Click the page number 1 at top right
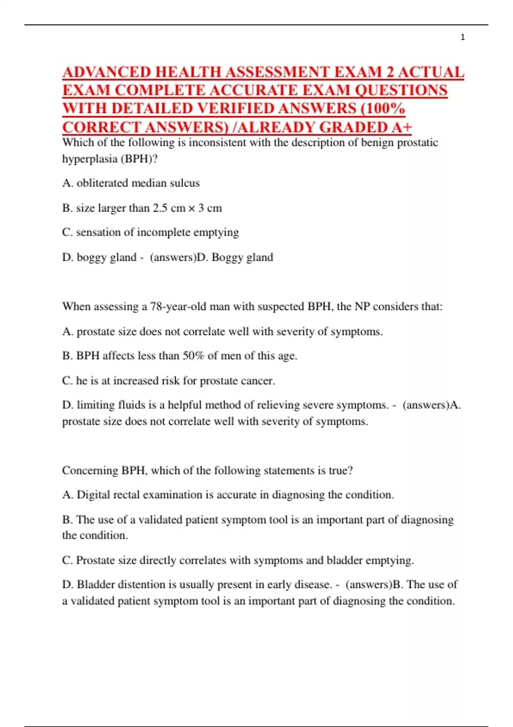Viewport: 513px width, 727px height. [463, 38]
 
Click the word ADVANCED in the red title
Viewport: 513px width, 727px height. [107, 72]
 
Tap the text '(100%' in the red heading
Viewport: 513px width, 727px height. [383, 109]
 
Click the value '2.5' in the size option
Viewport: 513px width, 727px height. [160, 208]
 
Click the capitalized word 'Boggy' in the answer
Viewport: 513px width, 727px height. [227, 257]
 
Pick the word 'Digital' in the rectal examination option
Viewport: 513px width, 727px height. [93, 495]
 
